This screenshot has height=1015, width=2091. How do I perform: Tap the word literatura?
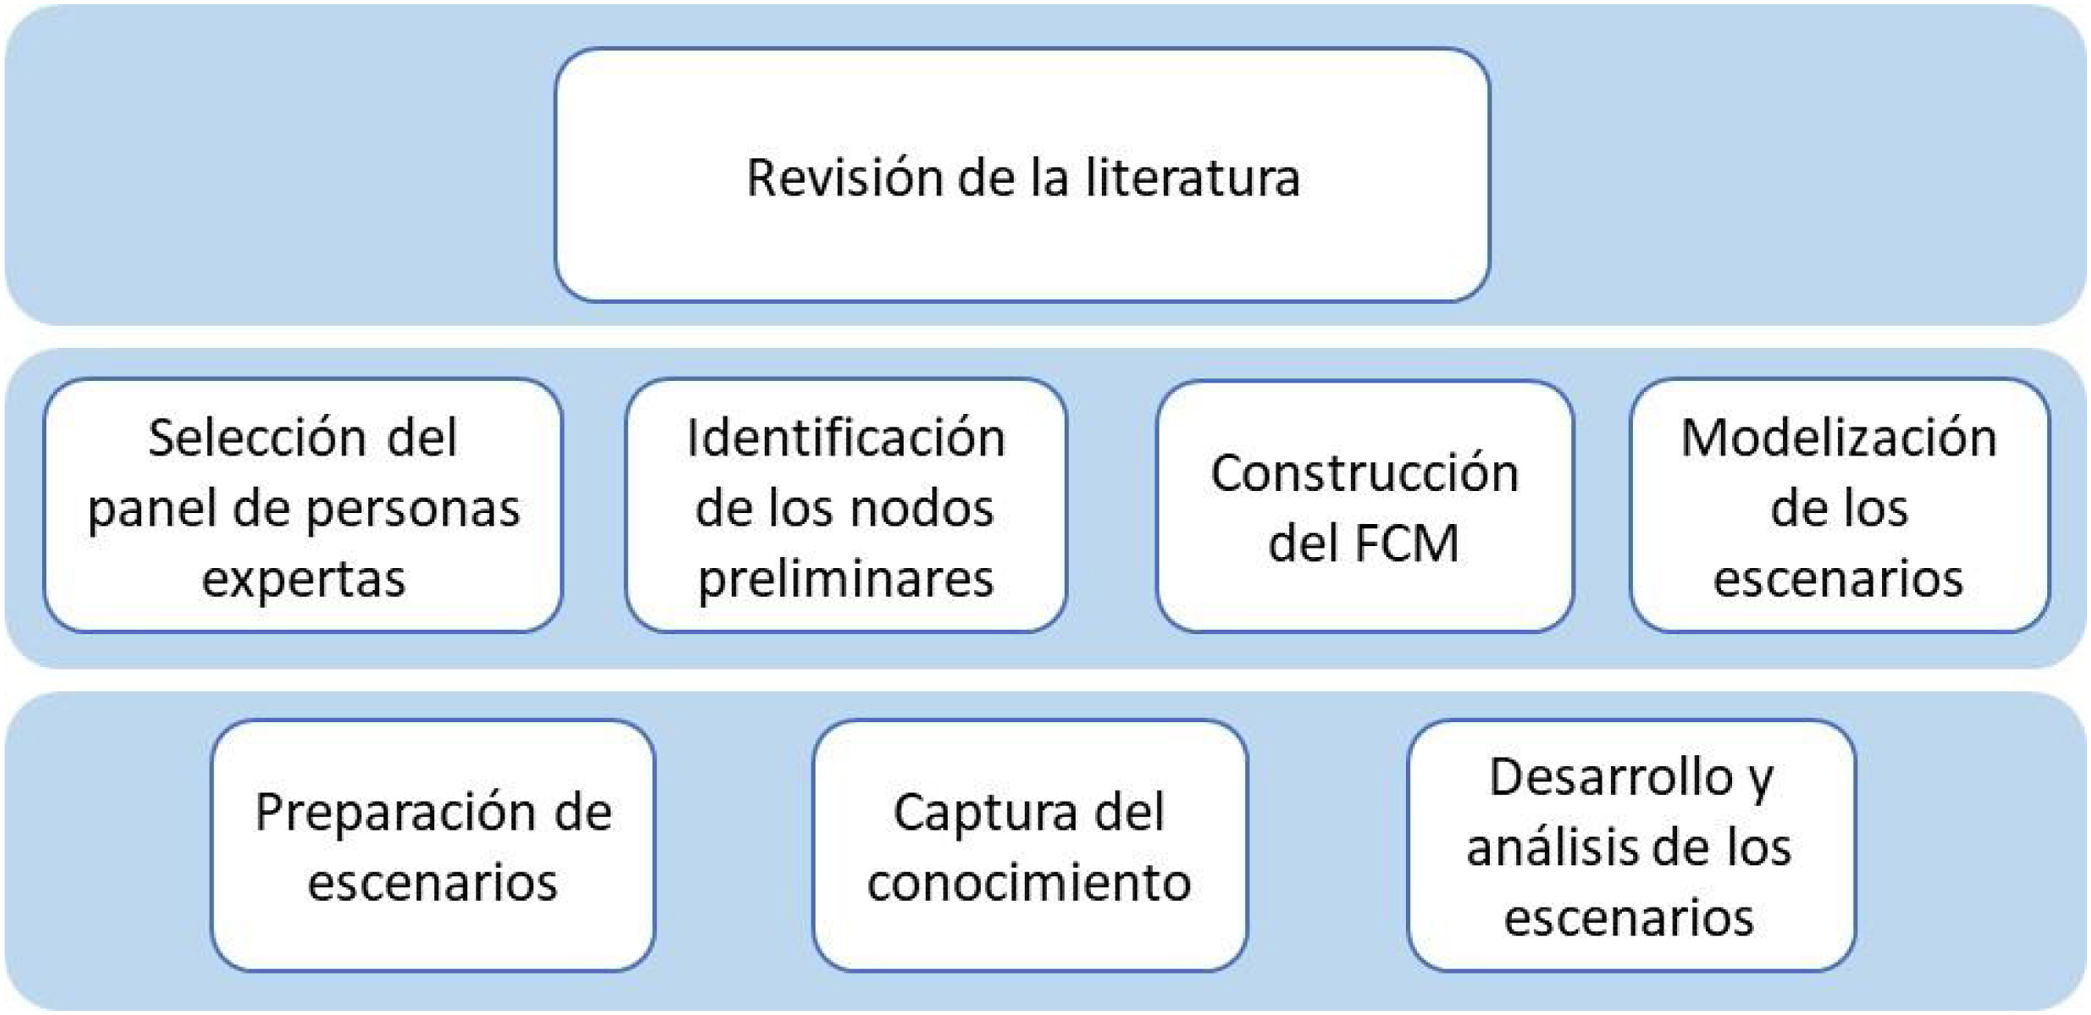[x=1192, y=178]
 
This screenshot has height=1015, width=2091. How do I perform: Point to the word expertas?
[x=304, y=579]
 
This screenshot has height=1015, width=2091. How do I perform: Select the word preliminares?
[x=846, y=579]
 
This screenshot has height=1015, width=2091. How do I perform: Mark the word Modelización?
[x=1839, y=438]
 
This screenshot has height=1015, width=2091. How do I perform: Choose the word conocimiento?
[x=1029, y=883]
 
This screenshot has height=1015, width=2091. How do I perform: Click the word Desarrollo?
[x=1610, y=777]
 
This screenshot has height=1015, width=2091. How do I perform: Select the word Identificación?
[x=846, y=438]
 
